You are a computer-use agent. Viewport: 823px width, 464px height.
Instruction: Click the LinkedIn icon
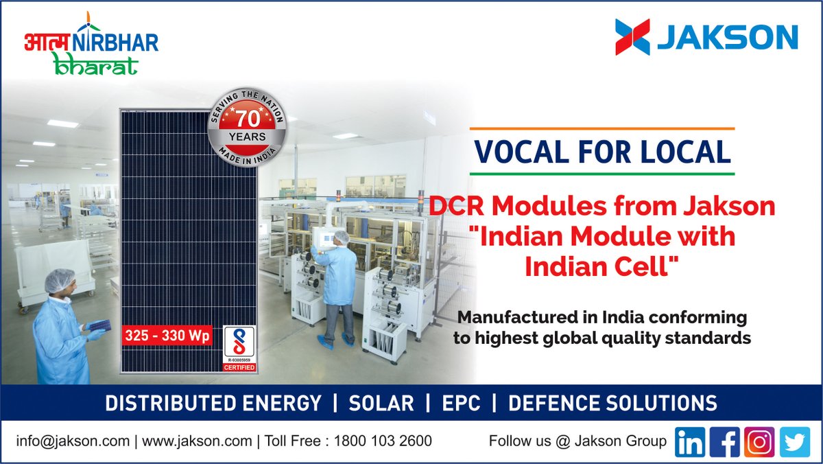click(690, 442)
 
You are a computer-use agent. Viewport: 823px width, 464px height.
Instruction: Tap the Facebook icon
click(724, 442)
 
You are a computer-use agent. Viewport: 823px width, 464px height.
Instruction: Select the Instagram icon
click(759, 442)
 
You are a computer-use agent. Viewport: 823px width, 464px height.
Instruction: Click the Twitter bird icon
click(794, 442)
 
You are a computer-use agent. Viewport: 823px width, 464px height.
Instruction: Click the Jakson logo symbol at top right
click(632, 36)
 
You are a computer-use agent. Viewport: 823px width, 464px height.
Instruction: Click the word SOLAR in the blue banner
click(381, 403)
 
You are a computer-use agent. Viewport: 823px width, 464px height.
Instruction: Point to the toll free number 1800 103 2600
click(383, 441)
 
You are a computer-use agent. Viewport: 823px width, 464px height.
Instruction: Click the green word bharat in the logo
click(95, 65)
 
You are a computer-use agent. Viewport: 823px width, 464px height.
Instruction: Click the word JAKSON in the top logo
click(727, 37)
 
